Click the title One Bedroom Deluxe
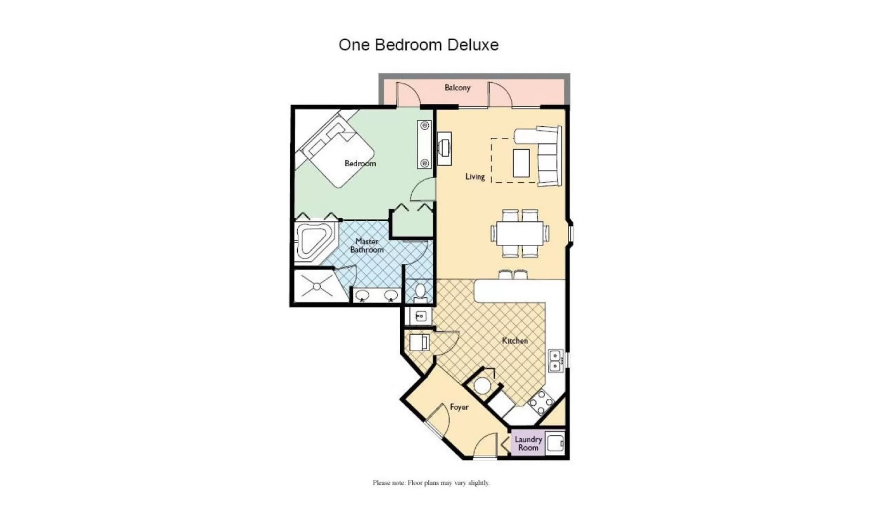click(x=419, y=45)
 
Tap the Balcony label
click(x=457, y=88)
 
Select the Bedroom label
click(x=360, y=164)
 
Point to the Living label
click(x=475, y=177)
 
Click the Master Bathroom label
click(x=367, y=246)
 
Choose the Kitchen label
click(x=515, y=341)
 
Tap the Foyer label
click(x=459, y=407)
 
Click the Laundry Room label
click(x=528, y=443)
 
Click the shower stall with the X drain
click(x=317, y=287)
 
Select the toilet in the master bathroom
click(x=420, y=292)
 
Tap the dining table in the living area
click(x=520, y=233)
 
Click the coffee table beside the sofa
click(x=521, y=163)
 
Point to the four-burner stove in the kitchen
click(x=541, y=402)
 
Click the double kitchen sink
click(x=555, y=361)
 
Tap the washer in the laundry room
click(x=555, y=443)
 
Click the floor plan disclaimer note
click(x=431, y=483)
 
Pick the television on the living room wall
click(x=444, y=148)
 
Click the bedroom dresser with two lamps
click(x=424, y=145)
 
